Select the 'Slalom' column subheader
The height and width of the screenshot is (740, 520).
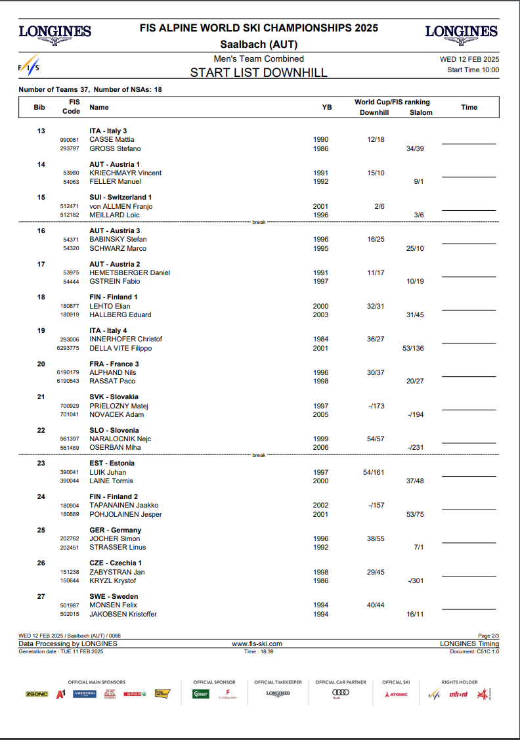(421, 113)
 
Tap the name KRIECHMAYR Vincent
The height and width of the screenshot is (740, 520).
(125, 173)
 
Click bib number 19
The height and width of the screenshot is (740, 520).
(41, 330)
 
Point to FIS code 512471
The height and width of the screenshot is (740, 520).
(70, 206)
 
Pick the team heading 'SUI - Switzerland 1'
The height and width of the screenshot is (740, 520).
(121, 197)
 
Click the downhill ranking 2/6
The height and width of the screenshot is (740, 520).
(379, 206)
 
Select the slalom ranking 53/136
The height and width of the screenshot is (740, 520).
(413, 348)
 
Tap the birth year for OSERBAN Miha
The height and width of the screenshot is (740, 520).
(321, 447)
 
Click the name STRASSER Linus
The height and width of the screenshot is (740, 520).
(118, 547)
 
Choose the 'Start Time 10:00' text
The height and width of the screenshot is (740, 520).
(473, 70)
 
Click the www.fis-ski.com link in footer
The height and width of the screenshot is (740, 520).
(257, 644)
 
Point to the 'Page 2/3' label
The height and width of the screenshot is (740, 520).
(488, 636)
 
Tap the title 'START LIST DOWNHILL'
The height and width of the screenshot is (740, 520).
(259, 72)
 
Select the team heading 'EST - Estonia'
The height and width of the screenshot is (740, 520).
(112, 463)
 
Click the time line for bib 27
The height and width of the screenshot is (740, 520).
(469, 609)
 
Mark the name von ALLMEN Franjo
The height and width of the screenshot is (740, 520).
(121, 206)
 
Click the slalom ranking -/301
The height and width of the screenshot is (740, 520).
(415, 580)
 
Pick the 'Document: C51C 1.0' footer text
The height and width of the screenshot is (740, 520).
(474, 651)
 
